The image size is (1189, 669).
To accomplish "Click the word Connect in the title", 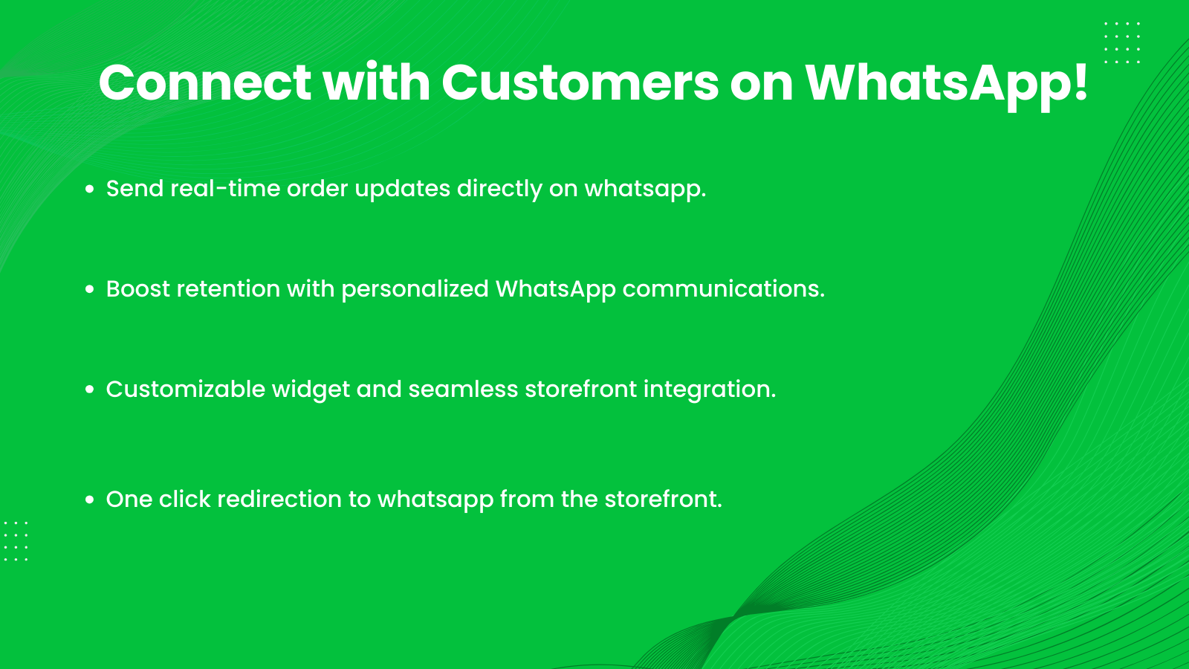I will tap(204, 83).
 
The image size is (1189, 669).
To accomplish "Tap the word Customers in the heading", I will tap(580, 83).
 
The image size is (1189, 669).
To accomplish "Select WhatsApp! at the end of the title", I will tap(946, 83).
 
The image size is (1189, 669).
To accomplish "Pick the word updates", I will tap(402, 189).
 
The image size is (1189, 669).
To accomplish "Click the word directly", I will tap(499, 189).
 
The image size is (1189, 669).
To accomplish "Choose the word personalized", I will tap(415, 288).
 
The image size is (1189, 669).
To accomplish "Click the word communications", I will tap(723, 288).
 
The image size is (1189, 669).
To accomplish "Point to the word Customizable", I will tap(185, 389).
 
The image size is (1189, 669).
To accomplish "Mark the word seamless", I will tap(463, 389).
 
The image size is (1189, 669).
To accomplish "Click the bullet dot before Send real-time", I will tap(90, 190).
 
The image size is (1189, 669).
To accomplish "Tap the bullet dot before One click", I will tap(90, 500).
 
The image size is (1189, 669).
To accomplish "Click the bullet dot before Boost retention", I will tap(90, 289).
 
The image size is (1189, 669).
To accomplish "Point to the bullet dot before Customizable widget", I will tap(90, 390).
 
